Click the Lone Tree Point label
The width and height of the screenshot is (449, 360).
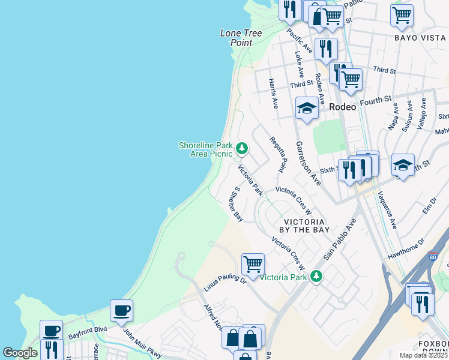click(241, 38)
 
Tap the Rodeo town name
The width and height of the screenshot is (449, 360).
click(343, 106)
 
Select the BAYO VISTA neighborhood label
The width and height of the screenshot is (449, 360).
click(420, 38)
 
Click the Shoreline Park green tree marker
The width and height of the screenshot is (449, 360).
click(242, 148)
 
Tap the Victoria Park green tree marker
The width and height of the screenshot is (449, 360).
click(316, 277)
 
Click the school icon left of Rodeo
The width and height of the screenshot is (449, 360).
click(307, 109)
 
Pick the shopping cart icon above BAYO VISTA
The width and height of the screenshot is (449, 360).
click(402, 14)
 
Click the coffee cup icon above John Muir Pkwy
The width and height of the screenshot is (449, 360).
click(122, 310)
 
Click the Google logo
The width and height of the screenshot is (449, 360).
click(20, 353)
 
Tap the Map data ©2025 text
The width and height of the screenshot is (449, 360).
click(423, 355)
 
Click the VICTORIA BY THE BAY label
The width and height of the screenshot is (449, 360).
click(306, 225)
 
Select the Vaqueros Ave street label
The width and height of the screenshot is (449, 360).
click(387, 212)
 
